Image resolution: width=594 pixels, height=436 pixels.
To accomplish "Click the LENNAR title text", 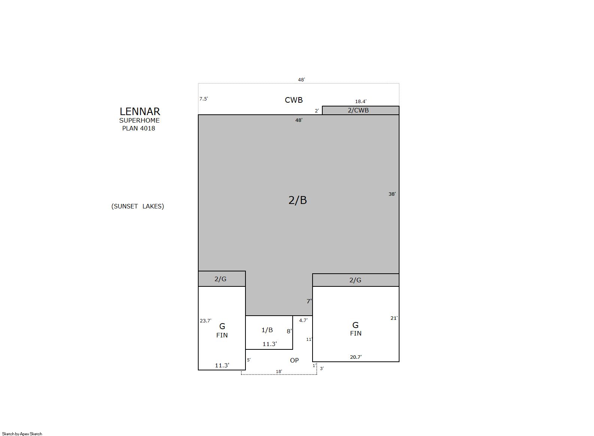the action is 140,111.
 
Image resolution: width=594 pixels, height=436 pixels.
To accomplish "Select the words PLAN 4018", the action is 139,128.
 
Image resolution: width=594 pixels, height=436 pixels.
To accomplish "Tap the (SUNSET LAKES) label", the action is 138,206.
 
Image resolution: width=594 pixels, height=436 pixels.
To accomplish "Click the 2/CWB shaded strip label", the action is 358,110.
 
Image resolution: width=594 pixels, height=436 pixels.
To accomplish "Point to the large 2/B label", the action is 298,200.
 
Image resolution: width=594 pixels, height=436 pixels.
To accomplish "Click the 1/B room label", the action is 267,330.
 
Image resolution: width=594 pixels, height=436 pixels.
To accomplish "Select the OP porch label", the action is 294,360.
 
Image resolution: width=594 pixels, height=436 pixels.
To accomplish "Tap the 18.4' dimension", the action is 361,101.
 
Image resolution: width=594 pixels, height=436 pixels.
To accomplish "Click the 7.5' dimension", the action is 203,99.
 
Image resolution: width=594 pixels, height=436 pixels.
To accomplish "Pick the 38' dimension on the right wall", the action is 392,194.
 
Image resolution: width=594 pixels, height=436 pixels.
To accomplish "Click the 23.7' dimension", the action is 205,321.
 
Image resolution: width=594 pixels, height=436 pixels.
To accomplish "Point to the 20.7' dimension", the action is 356,357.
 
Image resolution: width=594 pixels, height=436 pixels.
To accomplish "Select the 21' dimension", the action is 394,318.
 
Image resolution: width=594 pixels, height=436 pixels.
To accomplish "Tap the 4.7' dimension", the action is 303,320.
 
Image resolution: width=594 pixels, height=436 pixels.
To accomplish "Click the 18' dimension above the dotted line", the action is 279,372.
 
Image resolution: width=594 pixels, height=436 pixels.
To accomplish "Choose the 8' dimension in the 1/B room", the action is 289,331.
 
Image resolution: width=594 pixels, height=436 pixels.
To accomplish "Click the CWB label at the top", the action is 293,100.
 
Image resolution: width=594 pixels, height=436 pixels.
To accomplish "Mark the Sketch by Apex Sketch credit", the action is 22,434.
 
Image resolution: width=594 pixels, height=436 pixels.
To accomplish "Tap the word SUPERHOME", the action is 139,120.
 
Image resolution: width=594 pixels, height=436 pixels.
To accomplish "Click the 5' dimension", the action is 249,360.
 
